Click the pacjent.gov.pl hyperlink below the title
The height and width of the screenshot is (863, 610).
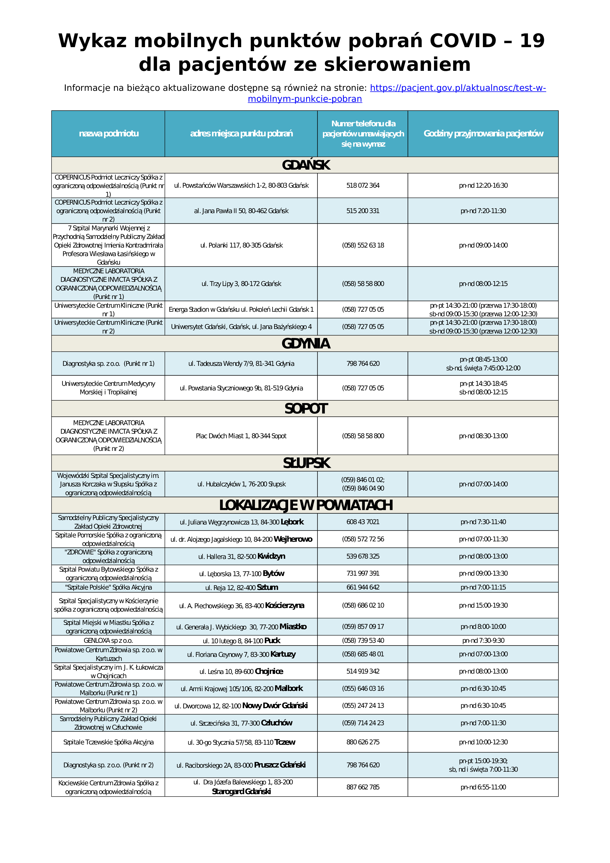[457, 88]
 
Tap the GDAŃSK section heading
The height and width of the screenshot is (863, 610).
[306, 165]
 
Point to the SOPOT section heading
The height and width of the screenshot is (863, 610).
[306, 409]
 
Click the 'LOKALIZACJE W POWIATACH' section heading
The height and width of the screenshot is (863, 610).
[306, 505]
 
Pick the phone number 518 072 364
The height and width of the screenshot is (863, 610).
[363, 185]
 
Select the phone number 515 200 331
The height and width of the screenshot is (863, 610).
[363, 211]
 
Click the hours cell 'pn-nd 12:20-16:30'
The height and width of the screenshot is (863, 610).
[483, 185]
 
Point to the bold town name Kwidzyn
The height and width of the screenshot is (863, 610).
[271, 556]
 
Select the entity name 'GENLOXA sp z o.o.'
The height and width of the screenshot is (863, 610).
[109, 641]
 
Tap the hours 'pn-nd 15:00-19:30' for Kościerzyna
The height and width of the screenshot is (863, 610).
[483, 606]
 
